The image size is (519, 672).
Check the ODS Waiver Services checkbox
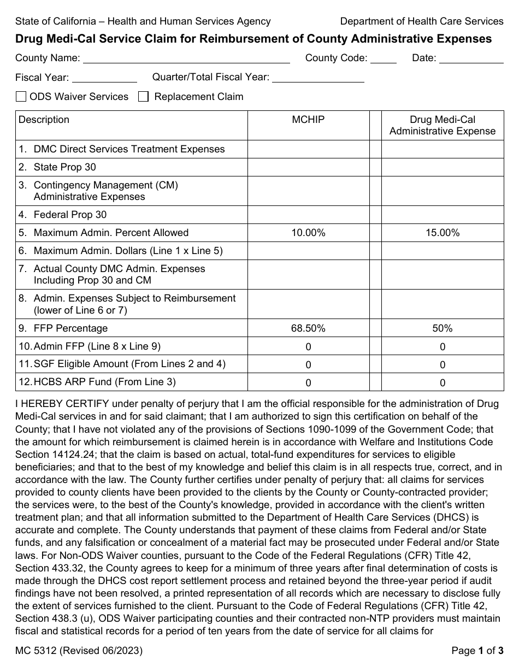tap(21, 97)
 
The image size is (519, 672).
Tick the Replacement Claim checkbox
tap(143, 97)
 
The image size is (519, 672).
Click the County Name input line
tap(186, 58)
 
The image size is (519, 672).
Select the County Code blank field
tap(384, 58)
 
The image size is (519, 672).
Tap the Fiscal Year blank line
tap(104, 77)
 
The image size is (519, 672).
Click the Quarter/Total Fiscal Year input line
tap(318, 77)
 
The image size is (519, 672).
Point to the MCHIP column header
tap(308, 120)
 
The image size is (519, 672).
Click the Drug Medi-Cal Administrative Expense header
tap(443, 125)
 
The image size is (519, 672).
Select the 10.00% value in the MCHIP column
tap(308, 233)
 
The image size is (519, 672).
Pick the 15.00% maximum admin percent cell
tap(443, 233)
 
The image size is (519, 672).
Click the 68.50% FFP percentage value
tap(308, 328)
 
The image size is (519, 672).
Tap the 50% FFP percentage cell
tap(443, 328)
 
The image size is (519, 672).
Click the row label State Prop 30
tap(64, 167)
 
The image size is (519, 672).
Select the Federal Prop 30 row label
tap(70, 215)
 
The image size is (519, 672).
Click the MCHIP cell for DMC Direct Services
tap(308, 149)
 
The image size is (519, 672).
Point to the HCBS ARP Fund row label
tap(104, 382)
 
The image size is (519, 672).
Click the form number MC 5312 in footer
tap(79, 650)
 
